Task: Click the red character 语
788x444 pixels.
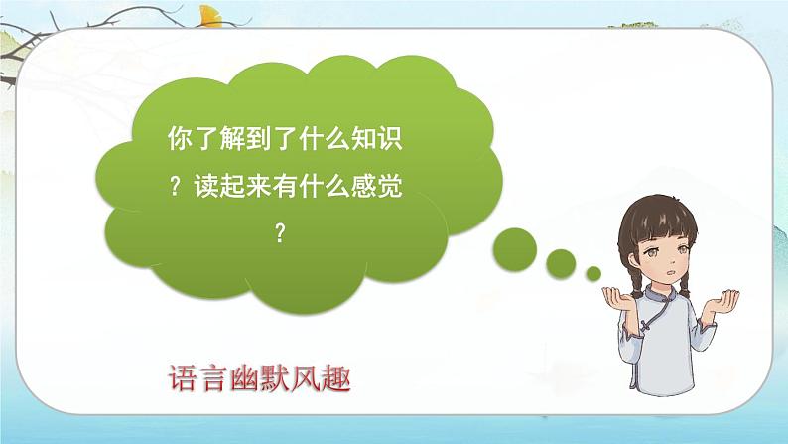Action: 181,379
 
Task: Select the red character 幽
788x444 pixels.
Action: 253,379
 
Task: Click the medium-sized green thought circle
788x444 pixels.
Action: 562,262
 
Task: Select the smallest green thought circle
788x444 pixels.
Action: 593,272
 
